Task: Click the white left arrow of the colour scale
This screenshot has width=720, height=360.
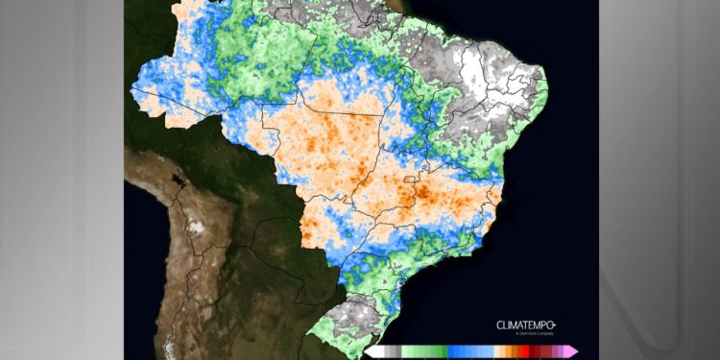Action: click(x=370, y=351)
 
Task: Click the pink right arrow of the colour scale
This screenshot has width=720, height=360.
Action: click(x=572, y=351)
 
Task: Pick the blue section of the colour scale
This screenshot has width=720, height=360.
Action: click(x=470, y=351)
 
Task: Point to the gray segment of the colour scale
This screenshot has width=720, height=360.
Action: click(x=390, y=351)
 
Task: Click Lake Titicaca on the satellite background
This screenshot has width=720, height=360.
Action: click(x=176, y=180)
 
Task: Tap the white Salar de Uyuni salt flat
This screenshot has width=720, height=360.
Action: click(x=197, y=228)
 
